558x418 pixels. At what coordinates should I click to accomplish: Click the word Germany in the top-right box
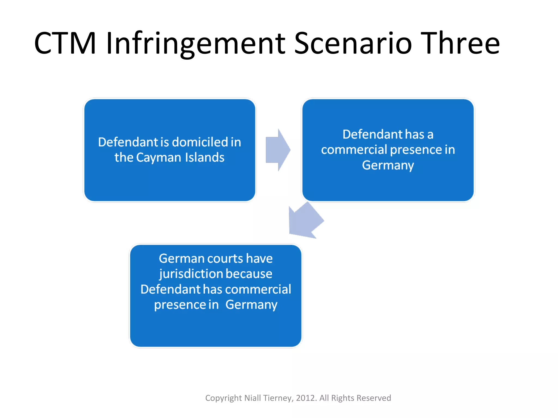[388, 165]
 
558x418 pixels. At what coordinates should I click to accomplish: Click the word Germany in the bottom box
[251, 305]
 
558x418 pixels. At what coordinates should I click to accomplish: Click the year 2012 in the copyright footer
[306, 398]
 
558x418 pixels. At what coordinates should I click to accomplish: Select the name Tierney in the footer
[278, 398]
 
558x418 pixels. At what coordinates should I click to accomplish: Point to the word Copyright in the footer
[223, 398]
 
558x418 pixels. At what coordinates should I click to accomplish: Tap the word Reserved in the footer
[374, 398]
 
